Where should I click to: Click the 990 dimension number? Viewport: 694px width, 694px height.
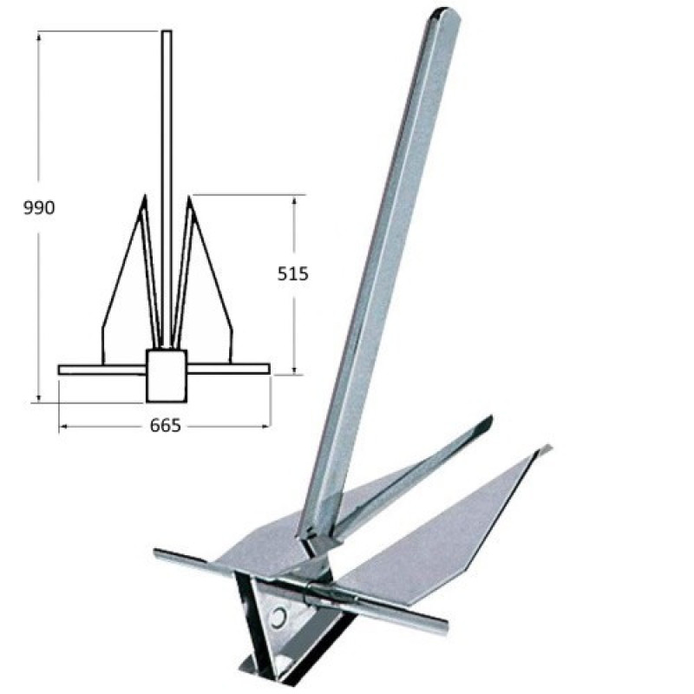(39, 207)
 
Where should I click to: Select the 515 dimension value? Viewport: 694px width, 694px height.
(292, 274)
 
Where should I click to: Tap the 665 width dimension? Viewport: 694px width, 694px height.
(166, 425)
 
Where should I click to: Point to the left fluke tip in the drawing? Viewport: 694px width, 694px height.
(144, 195)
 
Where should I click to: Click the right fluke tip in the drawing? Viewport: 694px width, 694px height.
(189, 196)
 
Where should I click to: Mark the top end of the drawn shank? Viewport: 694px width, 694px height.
(167, 31)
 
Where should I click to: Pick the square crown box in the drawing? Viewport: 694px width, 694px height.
(167, 376)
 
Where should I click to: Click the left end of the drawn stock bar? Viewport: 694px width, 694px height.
(59, 370)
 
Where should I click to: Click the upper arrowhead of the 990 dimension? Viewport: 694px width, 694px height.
(39, 36)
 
